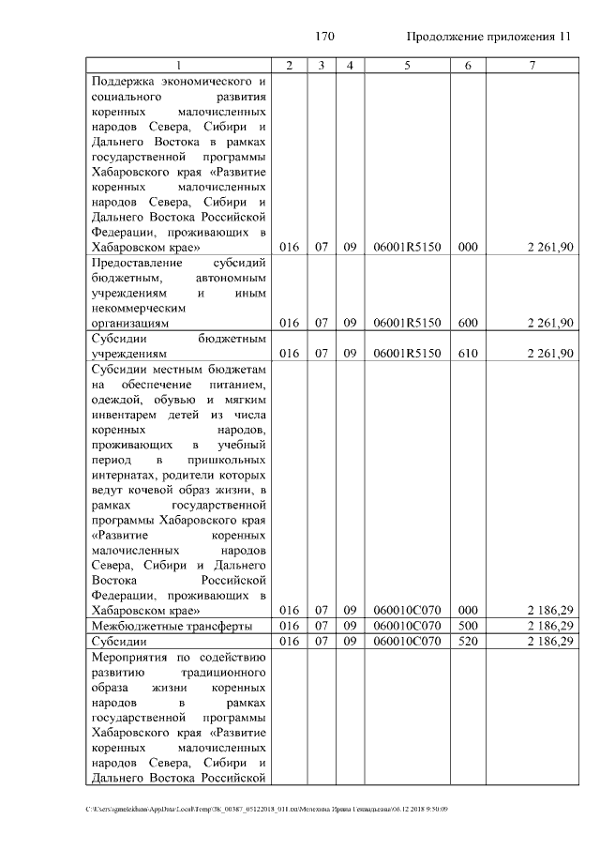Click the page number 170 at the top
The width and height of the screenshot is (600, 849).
[x=325, y=37]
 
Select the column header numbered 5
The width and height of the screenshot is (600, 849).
[x=407, y=65]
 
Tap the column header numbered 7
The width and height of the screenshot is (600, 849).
[x=532, y=65]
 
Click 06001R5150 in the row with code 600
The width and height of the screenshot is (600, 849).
[x=407, y=323]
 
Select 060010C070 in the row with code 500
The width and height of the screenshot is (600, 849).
[x=407, y=626]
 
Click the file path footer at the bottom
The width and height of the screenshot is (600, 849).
[x=267, y=809]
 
